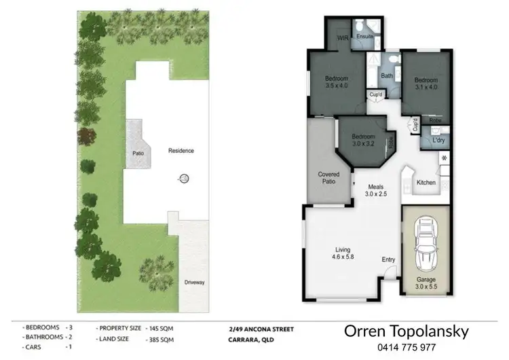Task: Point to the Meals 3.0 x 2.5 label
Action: (x=377, y=190)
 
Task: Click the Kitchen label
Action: (x=426, y=182)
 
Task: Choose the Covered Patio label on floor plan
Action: (x=328, y=178)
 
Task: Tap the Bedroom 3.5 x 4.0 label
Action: (x=336, y=82)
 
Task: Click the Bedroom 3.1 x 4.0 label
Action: (x=426, y=84)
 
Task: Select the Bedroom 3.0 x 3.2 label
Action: (x=363, y=140)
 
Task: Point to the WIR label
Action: (x=343, y=39)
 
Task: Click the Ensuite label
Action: (x=366, y=35)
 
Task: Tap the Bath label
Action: (x=387, y=76)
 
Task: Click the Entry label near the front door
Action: (x=388, y=259)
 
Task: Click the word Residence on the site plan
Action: (x=181, y=151)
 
